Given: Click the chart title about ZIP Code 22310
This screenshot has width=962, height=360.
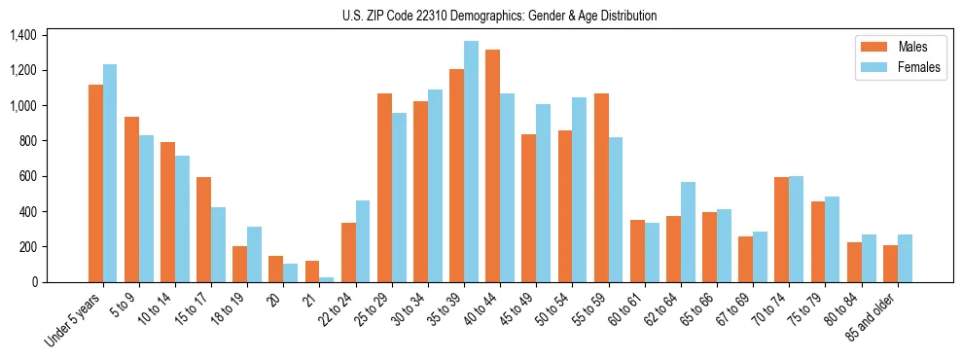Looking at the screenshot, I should pyautogui.click(x=499, y=16).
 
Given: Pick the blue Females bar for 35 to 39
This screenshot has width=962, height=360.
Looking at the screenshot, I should pyautogui.click(x=471, y=162).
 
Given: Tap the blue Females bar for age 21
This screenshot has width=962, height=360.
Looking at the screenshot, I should pyautogui.click(x=327, y=279).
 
